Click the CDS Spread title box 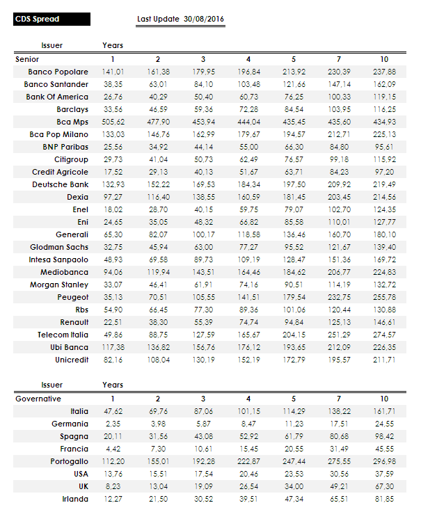74,19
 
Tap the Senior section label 27,59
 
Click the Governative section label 38,399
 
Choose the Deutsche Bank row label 60,184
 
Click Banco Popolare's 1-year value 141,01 113,72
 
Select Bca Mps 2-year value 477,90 158,122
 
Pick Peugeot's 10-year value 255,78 384,297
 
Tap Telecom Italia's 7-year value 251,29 339,335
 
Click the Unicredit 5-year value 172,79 294,360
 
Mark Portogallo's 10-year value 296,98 384,461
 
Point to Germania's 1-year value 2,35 113,424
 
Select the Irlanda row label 74,499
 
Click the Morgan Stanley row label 59,285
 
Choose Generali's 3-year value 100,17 203,234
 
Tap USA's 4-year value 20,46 248,474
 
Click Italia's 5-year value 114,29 294,411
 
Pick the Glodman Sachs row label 59,247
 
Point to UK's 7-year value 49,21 339,486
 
